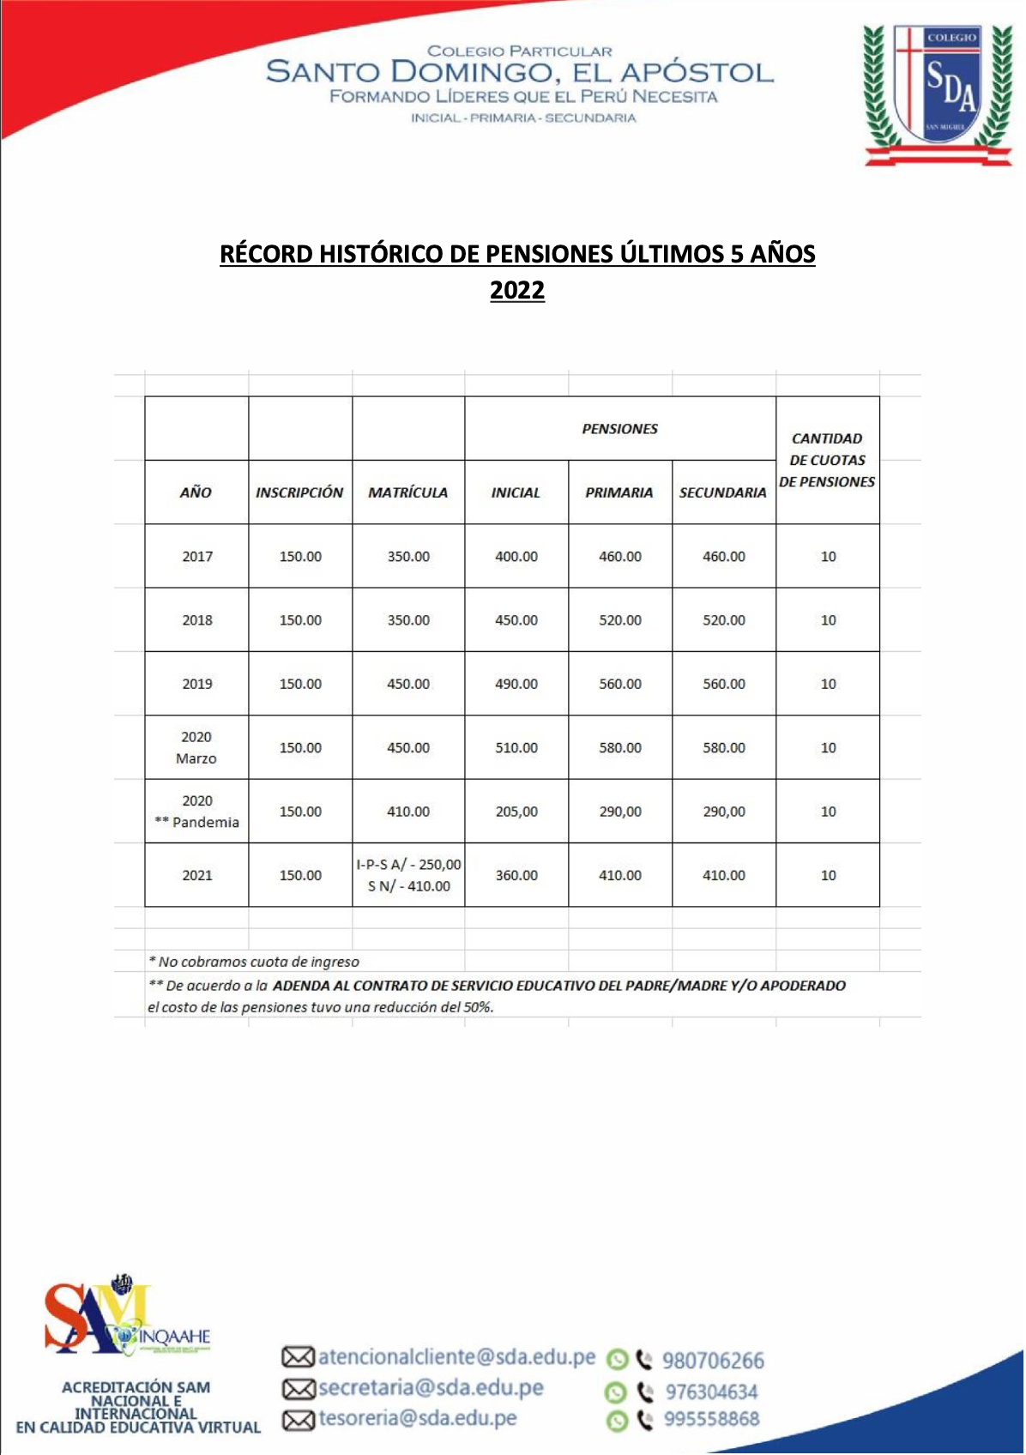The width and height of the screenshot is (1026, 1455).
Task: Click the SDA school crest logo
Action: pos(938,93)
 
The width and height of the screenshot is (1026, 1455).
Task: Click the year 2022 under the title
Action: pos(516,290)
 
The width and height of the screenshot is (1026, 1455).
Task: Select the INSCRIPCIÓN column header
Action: pos(299,492)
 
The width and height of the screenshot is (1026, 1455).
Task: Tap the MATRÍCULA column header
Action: pos(407,492)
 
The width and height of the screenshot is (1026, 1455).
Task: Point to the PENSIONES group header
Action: pos(619,429)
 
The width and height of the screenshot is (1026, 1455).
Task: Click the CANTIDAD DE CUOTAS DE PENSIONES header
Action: pos(827,460)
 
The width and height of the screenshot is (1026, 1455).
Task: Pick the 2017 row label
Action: pos(196,556)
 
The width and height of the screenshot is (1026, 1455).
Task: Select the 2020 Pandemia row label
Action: pos(196,812)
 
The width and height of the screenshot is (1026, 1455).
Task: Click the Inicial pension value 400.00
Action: pos(516,556)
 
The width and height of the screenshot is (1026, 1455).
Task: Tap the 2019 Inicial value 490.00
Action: pos(516,684)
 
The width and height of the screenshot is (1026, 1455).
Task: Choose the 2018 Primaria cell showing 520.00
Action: pos(619,620)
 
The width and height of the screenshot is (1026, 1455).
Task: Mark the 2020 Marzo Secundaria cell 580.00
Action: pos(723,747)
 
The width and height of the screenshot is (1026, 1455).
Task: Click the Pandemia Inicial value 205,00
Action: pos(516,812)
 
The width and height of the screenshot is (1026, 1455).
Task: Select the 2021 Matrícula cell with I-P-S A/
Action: pos(408,875)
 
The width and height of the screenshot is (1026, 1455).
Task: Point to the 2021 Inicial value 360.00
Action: pos(516,875)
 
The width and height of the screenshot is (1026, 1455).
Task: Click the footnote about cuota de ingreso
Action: pos(254,962)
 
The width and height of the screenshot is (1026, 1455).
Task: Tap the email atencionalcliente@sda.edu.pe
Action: pos(456,1357)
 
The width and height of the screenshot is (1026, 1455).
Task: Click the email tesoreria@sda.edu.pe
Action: pos(417,1419)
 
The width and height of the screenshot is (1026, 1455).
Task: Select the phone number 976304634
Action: pos(711,1392)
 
